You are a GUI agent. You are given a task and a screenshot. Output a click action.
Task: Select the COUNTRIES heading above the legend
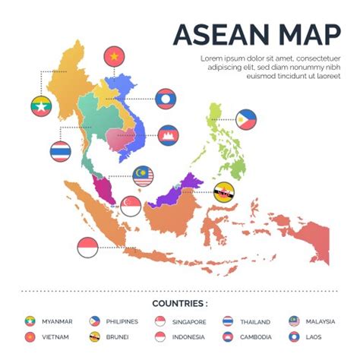pos(180,303)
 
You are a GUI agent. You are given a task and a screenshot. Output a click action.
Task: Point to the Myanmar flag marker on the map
pos(41,106)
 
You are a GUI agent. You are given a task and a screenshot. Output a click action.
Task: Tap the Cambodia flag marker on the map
pos(168,135)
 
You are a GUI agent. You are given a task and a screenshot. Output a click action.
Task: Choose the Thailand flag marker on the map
pos(61,151)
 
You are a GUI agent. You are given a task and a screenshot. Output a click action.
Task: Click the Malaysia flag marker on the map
pos(142,176)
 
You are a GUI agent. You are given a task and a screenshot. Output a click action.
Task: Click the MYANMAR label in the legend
pos(58,321)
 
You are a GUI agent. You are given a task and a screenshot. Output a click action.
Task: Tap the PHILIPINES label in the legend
pos(123,321)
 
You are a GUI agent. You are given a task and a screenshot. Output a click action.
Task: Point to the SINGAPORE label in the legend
pos(189,321)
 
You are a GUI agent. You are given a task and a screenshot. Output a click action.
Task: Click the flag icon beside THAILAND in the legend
pos(227,321)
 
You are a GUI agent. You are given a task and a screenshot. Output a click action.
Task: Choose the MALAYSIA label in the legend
pos(320,321)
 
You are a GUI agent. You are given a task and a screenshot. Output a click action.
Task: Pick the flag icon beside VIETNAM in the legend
pos(30,336)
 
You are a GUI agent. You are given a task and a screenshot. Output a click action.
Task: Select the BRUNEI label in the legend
pos(117,336)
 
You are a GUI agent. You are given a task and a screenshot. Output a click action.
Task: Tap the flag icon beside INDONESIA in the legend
pos(160,336)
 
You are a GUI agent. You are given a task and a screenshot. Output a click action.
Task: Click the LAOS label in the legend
pos(313,336)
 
